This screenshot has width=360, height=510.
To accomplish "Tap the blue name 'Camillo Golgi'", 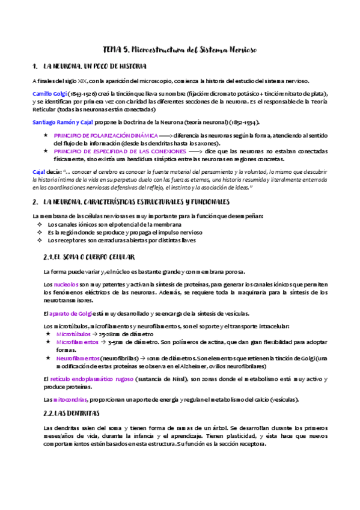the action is (x=50, y=94).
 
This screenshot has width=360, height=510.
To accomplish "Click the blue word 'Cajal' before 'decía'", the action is (x=40, y=172).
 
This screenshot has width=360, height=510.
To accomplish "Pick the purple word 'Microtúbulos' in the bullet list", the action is (x=73, y=334).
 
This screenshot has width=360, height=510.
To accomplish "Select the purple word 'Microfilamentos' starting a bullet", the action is (x=77, y=342).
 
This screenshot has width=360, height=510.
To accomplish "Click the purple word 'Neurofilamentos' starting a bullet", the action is (x=78, y=358).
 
